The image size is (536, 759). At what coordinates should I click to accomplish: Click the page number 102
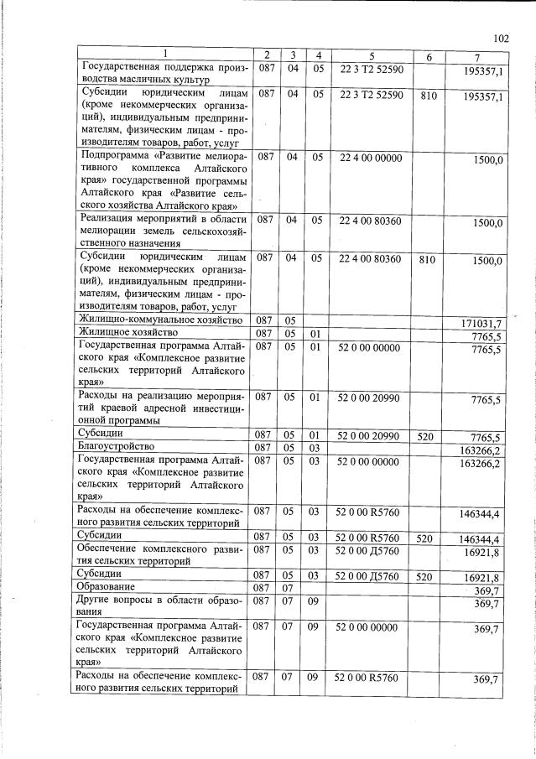pyautogui.click(x=502, y=38)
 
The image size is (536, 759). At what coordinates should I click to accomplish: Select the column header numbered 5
pyautogui.click(x=371, y=56)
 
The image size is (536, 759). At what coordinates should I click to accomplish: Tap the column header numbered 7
pyautogui.click(x=475, y=56)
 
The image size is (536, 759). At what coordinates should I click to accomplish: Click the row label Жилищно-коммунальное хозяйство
pyautogui.click(x=160, y=320)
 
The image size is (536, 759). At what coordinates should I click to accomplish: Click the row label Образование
pyautogui.click(x=107, y=586)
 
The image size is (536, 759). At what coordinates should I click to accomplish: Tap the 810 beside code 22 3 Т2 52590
pyautogui.click(x=428, y=96)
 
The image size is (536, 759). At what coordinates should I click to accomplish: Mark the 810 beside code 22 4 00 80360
pyautogui.click(x=428, y=260)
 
